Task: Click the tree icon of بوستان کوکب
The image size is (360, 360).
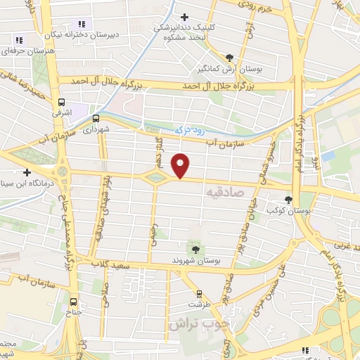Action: click(x=288, y=200)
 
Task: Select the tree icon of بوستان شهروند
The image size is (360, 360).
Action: click(x=195, y=249)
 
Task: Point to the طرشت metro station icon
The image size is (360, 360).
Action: click(x=200, y=295)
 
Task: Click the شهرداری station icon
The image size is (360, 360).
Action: click(x=96, y=119)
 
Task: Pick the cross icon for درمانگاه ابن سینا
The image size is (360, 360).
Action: click(x=27, y=172)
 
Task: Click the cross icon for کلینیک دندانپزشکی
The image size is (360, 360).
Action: click(x=185, y=17)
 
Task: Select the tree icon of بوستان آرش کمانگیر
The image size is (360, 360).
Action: click(x=229, y=58)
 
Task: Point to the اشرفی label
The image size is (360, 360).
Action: click(x=58, y=111)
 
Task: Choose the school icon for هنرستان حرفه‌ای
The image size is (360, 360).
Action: click(x=19, y=40)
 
